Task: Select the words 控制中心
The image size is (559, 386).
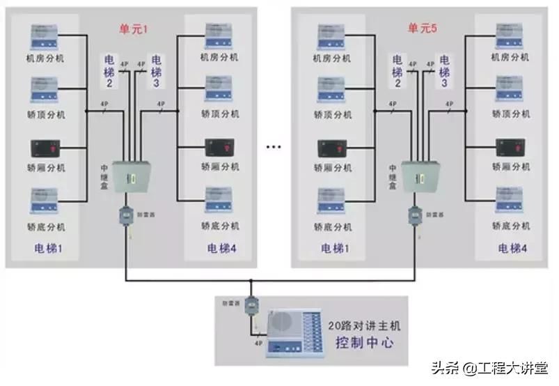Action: pyautogui.click(x=364, y=342)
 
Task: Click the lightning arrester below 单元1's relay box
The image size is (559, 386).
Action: pyautogui.click(x=127, y=216)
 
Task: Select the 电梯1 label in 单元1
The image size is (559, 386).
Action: pyautogui.click(x=49, y=248)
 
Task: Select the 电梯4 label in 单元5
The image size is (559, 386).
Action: pyautogui.click(x=512, y=248)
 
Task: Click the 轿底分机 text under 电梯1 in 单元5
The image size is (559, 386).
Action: pyautogui.click(x=332, y=226)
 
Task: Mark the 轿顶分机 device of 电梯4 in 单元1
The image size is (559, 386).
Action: pyautogui.click(x=218, y=92)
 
